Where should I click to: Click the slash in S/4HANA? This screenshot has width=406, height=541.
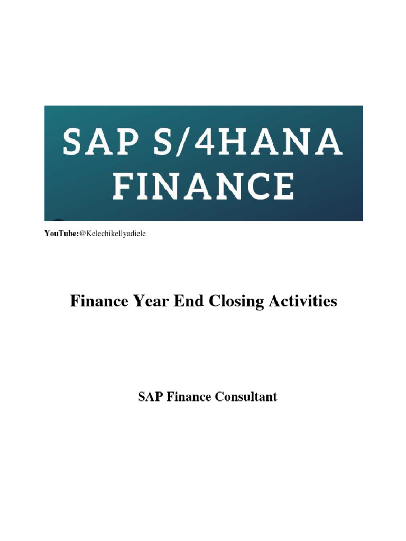pos(179,142)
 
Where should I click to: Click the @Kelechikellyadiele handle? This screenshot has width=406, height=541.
pos(112,234)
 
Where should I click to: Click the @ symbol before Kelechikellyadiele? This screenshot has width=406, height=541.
pos(82,234)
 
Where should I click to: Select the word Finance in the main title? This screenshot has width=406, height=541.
pos(99,302)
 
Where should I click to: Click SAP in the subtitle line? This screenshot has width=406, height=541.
pos(150,397)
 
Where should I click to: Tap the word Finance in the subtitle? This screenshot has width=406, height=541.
pos(189,397)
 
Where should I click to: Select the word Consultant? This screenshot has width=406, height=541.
pos(246,397)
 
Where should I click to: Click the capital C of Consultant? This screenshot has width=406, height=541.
pos(219,397)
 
